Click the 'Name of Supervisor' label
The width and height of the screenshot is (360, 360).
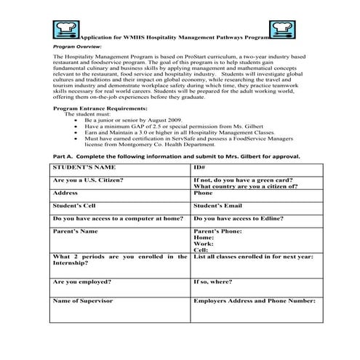84,300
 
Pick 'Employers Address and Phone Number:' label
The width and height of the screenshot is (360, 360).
254,300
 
